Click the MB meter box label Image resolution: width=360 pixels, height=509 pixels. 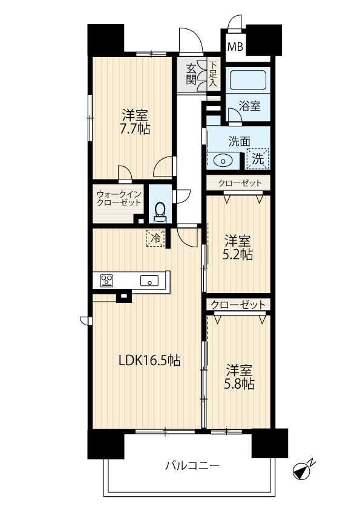(x=235, y=47)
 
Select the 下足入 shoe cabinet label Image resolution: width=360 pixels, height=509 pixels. (x=213, y=74)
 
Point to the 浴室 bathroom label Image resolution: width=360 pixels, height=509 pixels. (x=249, y=106)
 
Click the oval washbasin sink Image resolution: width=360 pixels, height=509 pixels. (x=222, y=160)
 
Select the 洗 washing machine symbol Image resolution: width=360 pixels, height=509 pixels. (x=258, y=159)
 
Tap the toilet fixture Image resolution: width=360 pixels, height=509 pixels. (x=159, y=213)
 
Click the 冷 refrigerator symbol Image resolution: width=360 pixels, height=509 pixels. (x=155, y=238)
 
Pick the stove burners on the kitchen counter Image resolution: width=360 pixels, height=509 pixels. (x=106, y=280)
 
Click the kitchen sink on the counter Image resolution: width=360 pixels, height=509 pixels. (x=149, y=280)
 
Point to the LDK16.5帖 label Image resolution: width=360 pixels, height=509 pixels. (x=149, y=360)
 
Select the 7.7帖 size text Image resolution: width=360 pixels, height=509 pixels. (x=135, y=129)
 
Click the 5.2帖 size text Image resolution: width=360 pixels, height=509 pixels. (x=238, y=255)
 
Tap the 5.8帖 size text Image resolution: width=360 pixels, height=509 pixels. (x=239, y=384)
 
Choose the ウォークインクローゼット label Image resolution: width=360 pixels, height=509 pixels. (x=119, y=198)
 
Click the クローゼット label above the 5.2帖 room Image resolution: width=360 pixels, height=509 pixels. (x=240, y=183)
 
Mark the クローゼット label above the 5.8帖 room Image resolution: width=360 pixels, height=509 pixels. (x=238, y=305)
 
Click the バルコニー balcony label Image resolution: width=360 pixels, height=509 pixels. (x=192, y=466)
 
